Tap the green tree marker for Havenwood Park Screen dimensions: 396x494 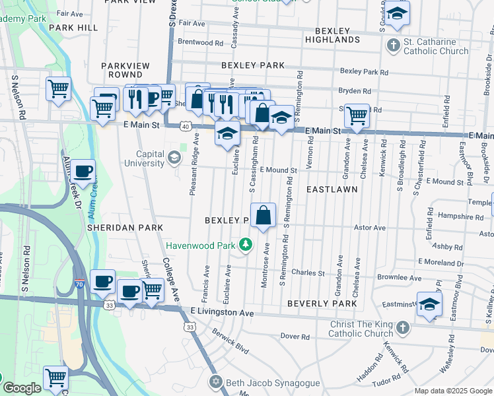point(246,246)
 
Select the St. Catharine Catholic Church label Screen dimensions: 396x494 point(435,46)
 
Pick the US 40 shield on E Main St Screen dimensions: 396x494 point(186,126)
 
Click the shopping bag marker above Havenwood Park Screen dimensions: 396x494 point(263,215)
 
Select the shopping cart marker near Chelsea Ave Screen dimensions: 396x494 point(357,115)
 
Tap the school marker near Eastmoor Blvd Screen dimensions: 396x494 point(429,305)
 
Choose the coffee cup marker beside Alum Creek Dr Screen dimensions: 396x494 point(83,172)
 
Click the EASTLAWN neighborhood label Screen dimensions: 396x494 point(332,189)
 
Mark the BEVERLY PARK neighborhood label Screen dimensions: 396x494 point(322,304)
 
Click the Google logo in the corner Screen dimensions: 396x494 point(22,388)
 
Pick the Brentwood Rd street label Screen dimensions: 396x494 point(200,42)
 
